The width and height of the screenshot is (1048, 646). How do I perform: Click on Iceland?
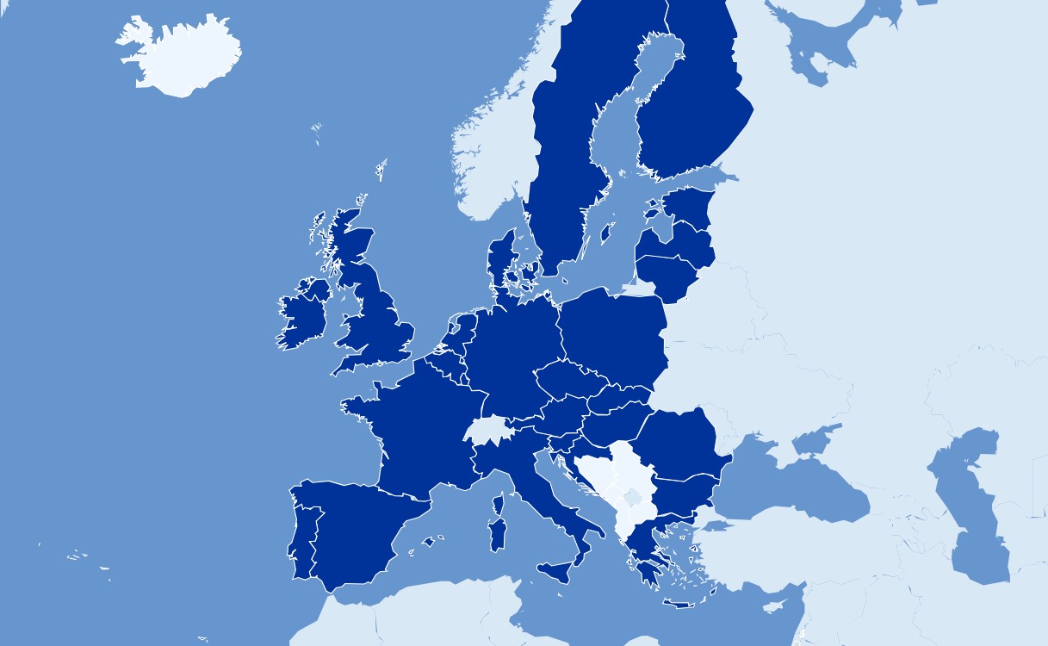[181, 56]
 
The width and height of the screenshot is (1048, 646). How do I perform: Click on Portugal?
[301, 538]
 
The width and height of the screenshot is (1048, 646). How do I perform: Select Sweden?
[560, 155]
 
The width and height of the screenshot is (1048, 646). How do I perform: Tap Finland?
[689, 112]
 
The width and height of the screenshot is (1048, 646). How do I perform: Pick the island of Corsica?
[498, 504]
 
